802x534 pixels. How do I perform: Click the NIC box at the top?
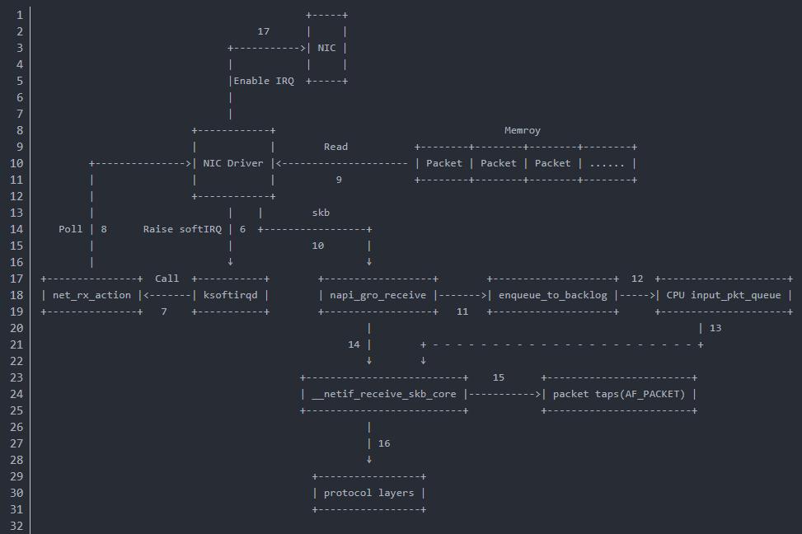click(327, 48)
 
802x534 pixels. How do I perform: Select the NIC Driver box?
click(233, 163)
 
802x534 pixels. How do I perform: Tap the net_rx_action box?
click(91, 295)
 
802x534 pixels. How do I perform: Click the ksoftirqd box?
click(230, 295)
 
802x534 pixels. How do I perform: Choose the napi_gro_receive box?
click(378, 295)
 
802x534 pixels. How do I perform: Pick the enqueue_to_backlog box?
click(553, 295)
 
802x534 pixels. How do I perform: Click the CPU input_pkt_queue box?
click(724, 295)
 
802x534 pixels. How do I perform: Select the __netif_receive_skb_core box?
click(384, 394)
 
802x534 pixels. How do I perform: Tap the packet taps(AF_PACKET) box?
click(619, 394)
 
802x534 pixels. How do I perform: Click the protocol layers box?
click(368, 493)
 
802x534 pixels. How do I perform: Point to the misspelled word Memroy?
click(523, 130)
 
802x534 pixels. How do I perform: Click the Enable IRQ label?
click(264, 81)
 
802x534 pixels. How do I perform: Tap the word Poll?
click(71, 229)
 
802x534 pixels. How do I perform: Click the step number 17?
click(263, 31)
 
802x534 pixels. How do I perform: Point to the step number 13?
click(715, 328)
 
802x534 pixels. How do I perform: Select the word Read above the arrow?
click(335, 147)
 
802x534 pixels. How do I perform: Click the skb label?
click(321, 213)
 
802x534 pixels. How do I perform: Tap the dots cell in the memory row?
click(607, 163)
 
